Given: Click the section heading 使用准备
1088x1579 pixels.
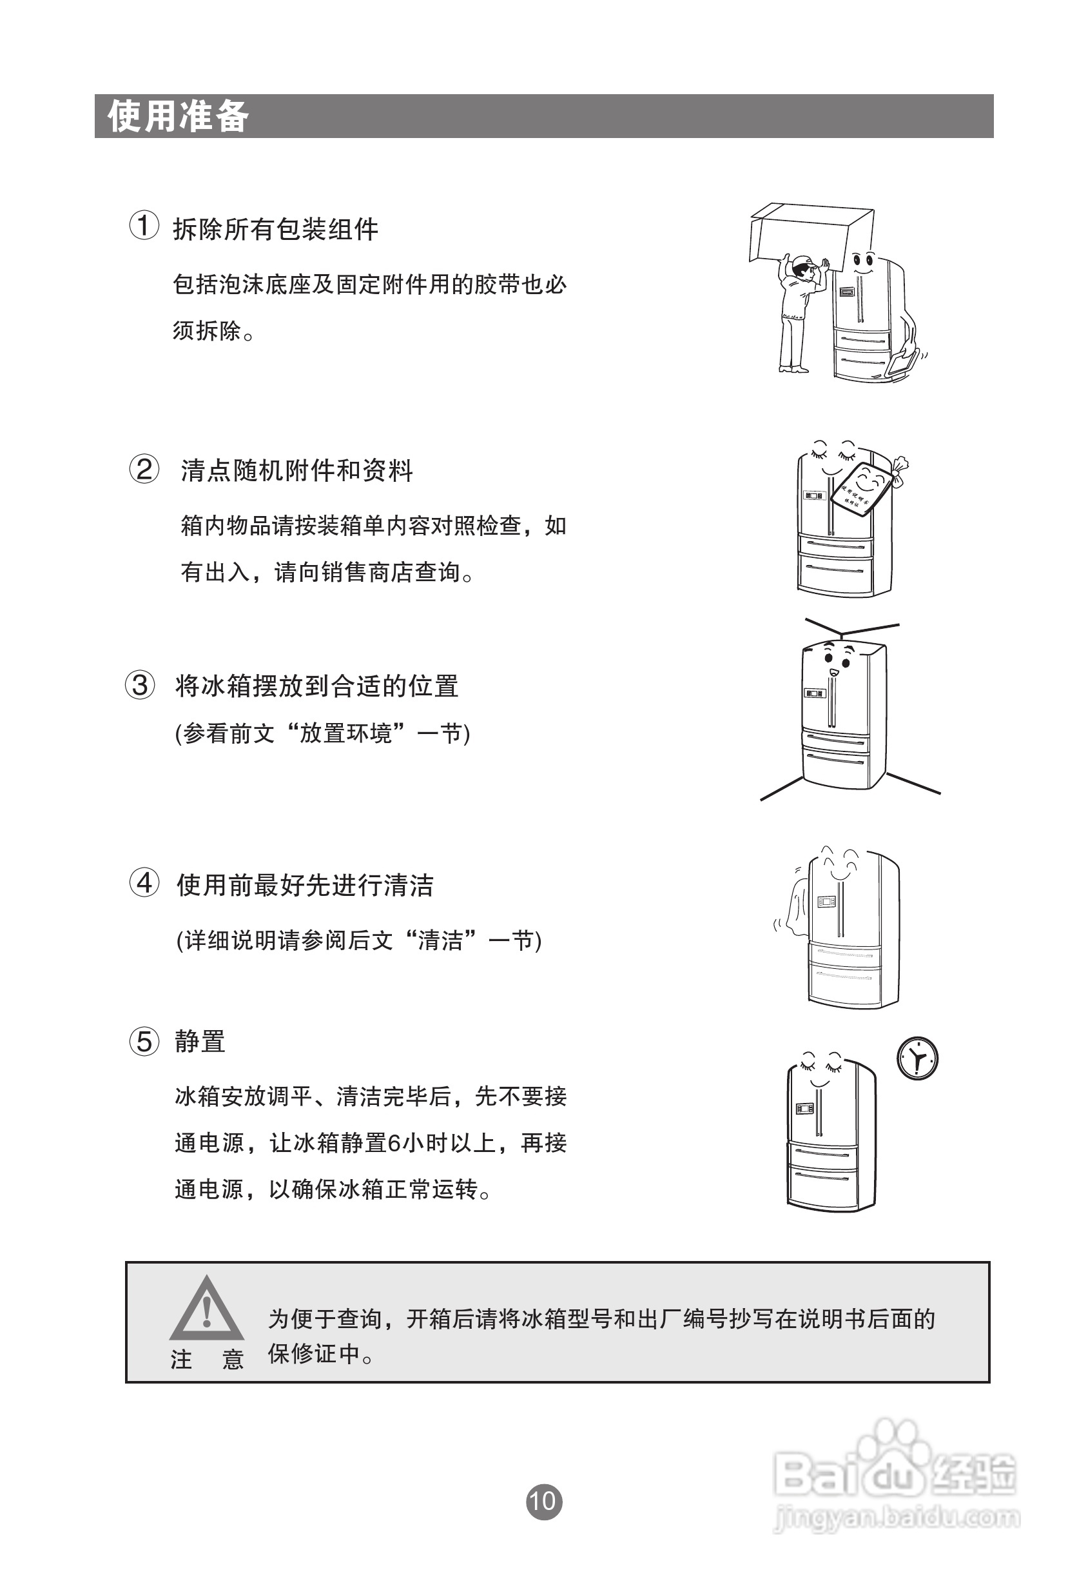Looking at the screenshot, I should pos(179,116).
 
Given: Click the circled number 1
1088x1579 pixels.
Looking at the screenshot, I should pos(144,226).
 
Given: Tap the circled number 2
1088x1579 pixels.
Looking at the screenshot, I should pos(144,470).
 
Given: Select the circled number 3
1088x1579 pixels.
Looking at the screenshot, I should pos(140,685).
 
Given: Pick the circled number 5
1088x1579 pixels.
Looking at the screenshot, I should pos(144,1041).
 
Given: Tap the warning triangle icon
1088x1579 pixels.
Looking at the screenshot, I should pos(206,1310).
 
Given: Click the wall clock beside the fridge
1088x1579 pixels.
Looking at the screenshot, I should pos(917,1059).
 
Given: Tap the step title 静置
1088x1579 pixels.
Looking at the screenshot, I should pos(200,1042).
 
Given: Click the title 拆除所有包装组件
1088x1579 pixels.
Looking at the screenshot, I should pos(275,229).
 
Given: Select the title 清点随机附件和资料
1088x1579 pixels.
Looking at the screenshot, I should pos(296,471).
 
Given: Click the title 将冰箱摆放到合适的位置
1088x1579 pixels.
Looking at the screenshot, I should pos(316,686).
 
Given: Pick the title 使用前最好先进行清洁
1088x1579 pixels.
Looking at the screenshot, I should pos(305,886).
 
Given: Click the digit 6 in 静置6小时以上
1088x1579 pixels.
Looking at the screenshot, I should pos(393,1142).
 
